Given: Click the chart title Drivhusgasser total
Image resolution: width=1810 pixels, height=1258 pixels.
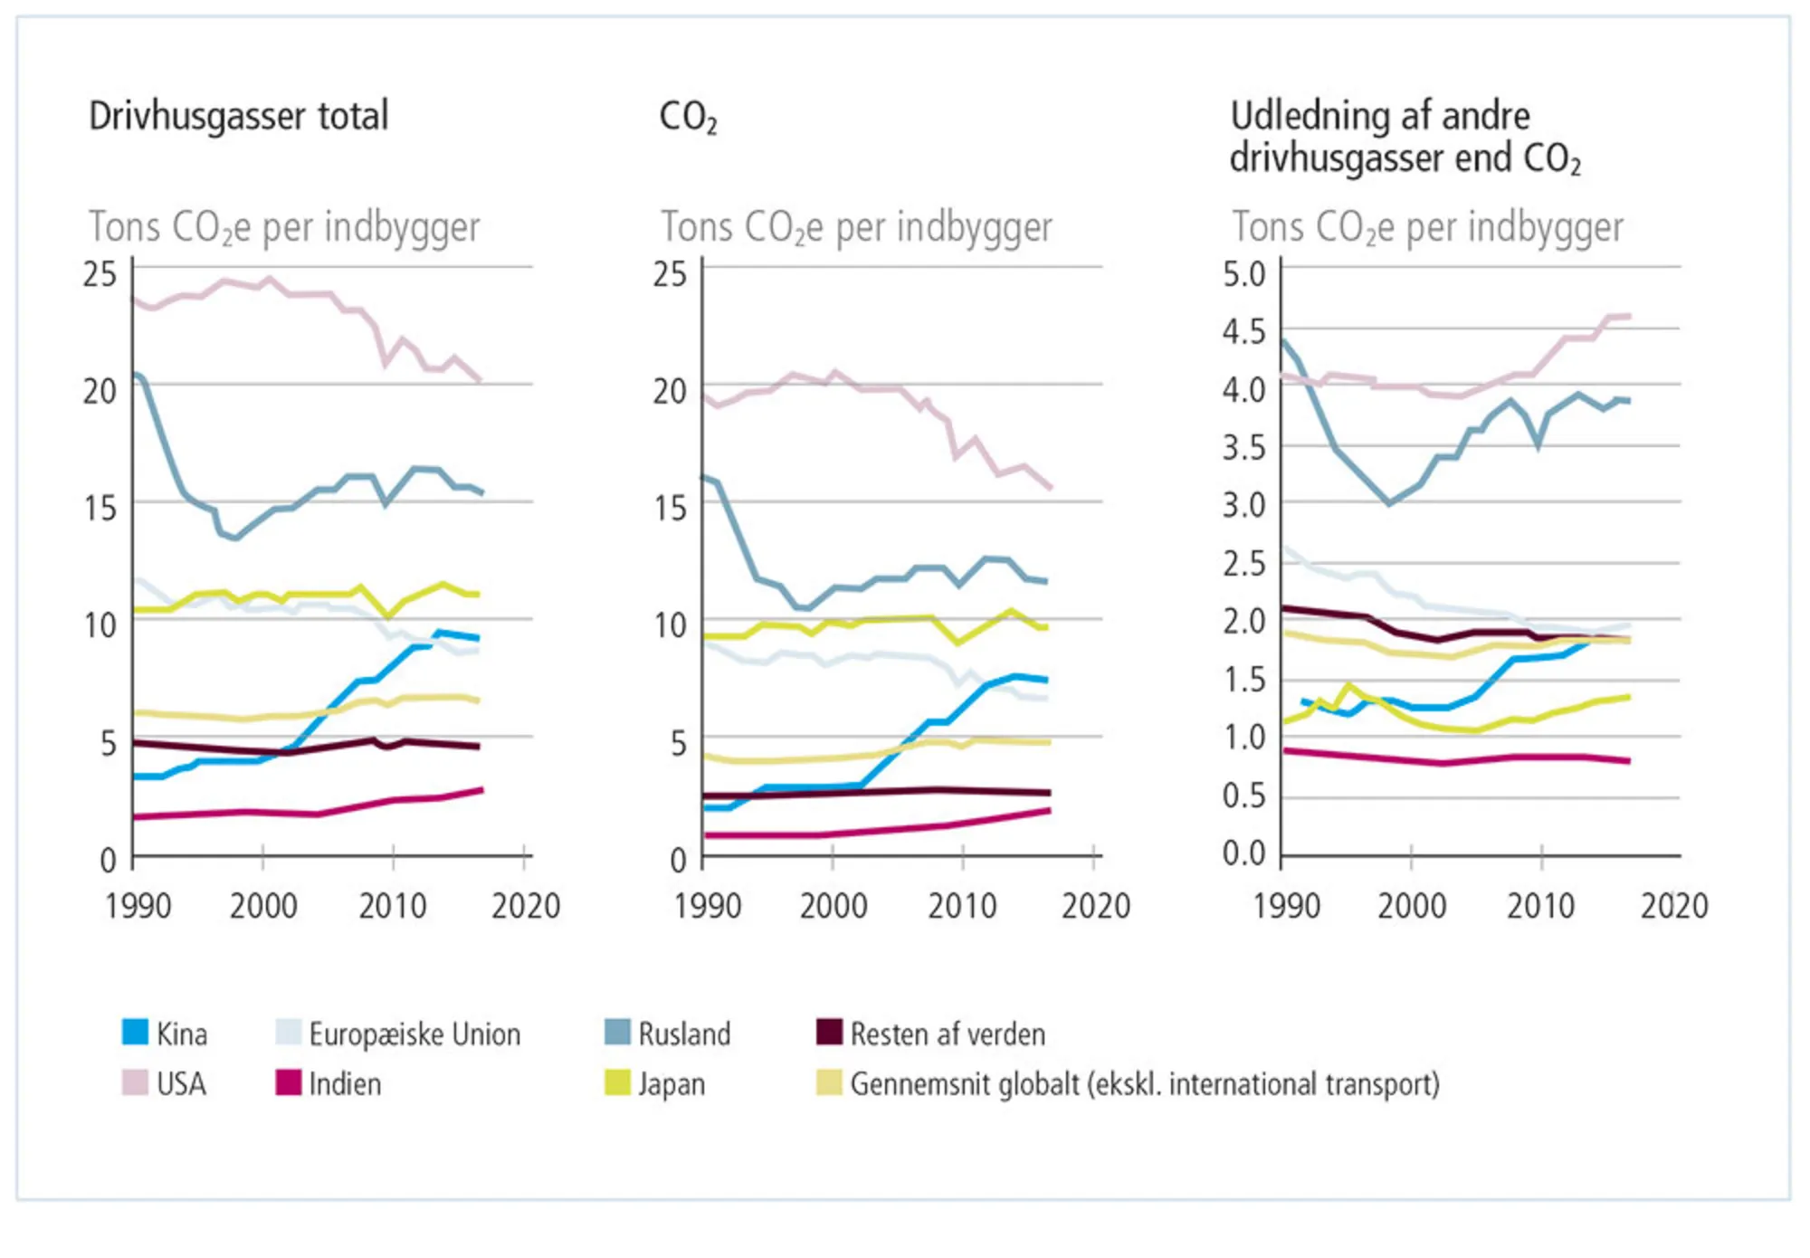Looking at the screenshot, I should [x=238, y=116].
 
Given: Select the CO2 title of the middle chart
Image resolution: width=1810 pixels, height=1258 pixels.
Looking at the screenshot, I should [x=688, y=117].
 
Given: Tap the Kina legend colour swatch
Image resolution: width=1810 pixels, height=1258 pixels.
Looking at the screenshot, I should [x=135, y=1033].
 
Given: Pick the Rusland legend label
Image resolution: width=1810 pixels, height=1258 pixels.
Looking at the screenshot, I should [x=684, y=1034].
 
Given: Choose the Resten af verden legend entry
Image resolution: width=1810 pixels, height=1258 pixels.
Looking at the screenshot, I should [x=947, y=1034].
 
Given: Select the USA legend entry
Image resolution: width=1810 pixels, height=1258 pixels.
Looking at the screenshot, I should [x=181, y=1083].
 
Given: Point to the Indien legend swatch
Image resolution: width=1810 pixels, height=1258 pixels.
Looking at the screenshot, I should [x=289, y=1082].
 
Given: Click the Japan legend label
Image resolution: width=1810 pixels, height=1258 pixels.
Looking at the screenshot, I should [x=672, y=1083].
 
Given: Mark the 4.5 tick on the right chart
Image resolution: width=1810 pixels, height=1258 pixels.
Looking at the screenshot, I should [x=1243, y=331].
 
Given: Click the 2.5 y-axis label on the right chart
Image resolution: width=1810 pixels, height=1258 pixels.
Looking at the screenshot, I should [x=1243, y=563].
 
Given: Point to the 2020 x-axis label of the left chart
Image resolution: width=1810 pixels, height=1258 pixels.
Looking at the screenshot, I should [x=526, y=905].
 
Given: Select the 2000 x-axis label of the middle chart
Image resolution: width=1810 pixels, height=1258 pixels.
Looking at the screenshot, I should [x=833, y=905].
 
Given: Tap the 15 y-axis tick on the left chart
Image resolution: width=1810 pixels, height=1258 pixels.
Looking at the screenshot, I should [x=100, y=508].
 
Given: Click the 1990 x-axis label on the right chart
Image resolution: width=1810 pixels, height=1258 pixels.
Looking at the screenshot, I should [x=1286, y=905].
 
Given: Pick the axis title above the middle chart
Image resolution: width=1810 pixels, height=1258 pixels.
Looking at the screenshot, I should [x=856, y=227].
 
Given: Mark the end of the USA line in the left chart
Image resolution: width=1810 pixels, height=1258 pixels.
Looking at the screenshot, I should [x=481, y=381].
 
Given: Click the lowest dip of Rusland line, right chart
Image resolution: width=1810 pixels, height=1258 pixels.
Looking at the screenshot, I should [x=1389, y=503].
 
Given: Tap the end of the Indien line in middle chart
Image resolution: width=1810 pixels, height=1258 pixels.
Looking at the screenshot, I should [x=1050, y=810].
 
